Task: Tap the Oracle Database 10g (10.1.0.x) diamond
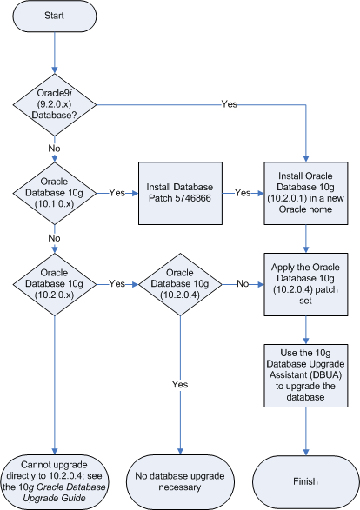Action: click(x=55, y=192)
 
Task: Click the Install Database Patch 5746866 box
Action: click(x=179, y=192)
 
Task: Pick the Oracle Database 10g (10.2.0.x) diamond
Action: click(x=55, y=283)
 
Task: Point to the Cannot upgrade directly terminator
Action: click(x=55, y=480)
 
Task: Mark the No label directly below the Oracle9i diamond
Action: click(x=55, y=148)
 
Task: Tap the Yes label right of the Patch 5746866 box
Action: click(x=242, y=192)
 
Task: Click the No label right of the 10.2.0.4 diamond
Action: click(x=242, y=283)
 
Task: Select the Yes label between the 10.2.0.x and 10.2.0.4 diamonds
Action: click(x=117, y=283)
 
